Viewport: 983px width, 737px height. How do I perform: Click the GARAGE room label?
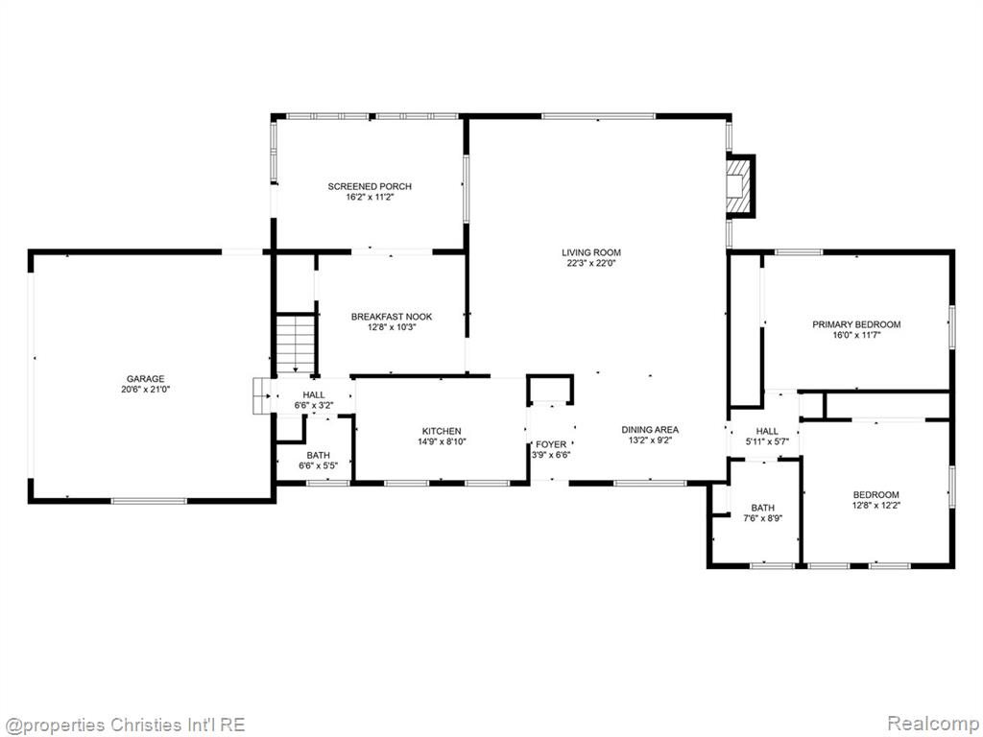click(146, 378)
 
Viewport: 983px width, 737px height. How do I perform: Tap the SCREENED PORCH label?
click(370, 186)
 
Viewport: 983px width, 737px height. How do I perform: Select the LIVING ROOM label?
click(591, 252)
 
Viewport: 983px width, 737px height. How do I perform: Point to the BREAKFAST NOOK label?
click(392, 317)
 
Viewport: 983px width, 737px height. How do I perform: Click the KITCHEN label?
click(442, 431)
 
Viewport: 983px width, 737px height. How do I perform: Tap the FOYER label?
click(551, 444)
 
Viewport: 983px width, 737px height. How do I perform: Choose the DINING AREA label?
click(650, 429)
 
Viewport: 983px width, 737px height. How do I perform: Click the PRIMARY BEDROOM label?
click(856, 324)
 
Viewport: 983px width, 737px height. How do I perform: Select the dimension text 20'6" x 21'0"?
click(146, 390)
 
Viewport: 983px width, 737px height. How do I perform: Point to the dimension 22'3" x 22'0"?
click(591, 263)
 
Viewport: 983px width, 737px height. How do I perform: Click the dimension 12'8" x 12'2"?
click(875, 505)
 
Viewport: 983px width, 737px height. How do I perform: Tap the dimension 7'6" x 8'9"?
click(763, 518)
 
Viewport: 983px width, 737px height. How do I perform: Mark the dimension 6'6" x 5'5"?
click(319, 465)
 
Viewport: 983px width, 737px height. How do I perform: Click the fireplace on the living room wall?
click(740, 186)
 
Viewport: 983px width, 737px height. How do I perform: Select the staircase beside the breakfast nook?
click(296, 345)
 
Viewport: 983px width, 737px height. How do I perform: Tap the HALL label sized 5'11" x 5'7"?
click(767, 431)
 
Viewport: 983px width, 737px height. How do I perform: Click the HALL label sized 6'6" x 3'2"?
click(314, 394)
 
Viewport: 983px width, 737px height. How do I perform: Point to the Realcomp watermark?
click(933, 723)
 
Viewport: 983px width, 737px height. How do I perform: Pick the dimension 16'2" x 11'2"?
click(370, 197)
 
